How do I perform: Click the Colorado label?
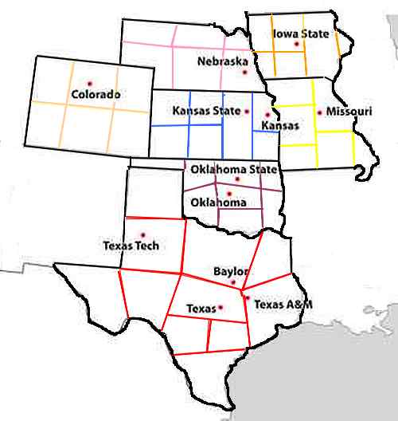(96, 94)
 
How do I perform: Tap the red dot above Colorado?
(88, 82)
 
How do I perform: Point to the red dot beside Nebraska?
(256, 59)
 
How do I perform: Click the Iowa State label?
(300, 33)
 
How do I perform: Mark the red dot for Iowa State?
(297, 44)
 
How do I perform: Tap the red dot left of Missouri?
(319, 112)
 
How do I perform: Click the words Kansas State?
(206, 111)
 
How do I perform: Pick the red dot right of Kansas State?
(247, 111)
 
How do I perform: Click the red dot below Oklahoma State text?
(236, 179)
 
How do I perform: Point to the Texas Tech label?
(131, 246)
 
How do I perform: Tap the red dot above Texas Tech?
(143, 234)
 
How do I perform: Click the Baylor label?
(231, 272)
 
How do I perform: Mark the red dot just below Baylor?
(233, 283)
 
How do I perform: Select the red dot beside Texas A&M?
(247, 299)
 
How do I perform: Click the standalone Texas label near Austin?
(200, 307)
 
